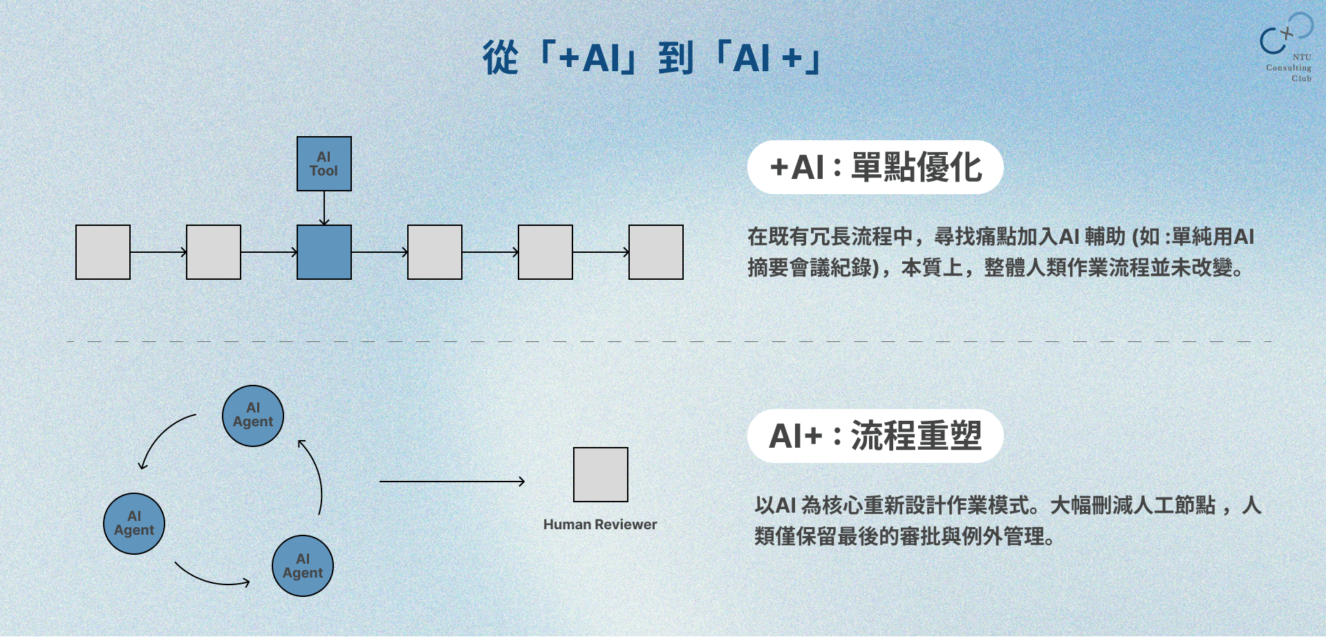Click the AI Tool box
[324, 164]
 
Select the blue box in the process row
[324, 252]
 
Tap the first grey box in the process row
[103, 252]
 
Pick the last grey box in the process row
[655, 252]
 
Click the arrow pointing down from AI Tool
[324, 207]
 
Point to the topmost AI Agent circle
[253, 416]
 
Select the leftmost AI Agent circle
[134, 524]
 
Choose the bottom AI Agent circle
[303, 566]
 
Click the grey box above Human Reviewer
[600, 475]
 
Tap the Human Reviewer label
[600, 524]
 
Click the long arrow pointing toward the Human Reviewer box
[452, 482]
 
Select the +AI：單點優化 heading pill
[875, 167]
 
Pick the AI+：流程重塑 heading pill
[875, 436]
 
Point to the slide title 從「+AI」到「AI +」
[651, 57]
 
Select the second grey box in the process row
[214, 252]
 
